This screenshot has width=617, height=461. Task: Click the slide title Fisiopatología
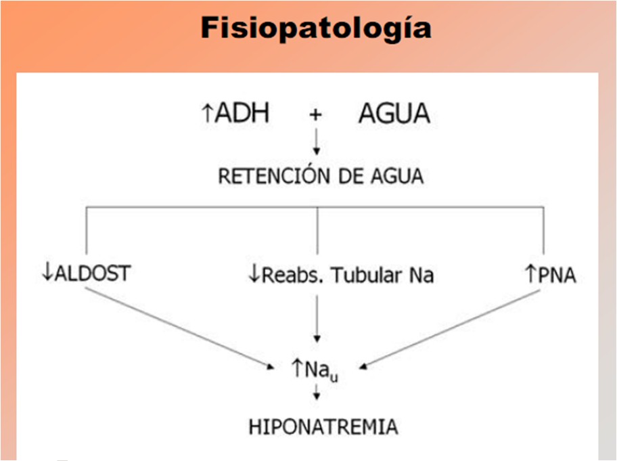[316, 28]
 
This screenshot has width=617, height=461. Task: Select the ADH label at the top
[242, 114]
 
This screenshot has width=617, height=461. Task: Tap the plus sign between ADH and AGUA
[315, 115]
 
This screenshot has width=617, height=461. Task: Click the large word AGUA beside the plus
[394, 114]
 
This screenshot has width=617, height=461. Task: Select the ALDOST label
[93, 275]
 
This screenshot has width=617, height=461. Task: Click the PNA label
[556, 275]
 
